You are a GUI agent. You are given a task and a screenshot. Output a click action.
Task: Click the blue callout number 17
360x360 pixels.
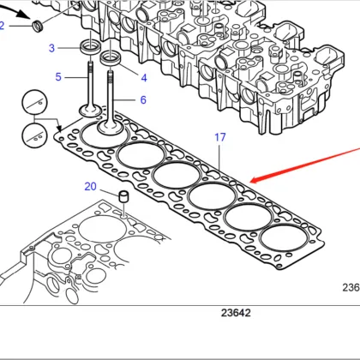click(x=220, y=137)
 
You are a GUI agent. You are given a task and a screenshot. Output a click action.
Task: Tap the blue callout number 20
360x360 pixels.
click(x=90, y=186)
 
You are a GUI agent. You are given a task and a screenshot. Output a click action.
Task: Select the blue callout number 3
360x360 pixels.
click(x=52, y=48)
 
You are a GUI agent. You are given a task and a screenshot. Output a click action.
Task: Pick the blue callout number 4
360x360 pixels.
click(x=143, y=78)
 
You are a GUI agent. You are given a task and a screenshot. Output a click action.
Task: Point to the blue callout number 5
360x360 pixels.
click(x=59, y=77)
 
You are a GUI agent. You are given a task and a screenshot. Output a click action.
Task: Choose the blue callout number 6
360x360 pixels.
click(x=142, y=99)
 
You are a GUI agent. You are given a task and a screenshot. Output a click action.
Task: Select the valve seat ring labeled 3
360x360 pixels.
click(x=88, y=45)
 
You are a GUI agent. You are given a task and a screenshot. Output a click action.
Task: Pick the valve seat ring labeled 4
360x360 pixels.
click(x=111, y=60)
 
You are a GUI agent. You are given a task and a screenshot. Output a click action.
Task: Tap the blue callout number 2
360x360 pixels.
click(x=3, y=26)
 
